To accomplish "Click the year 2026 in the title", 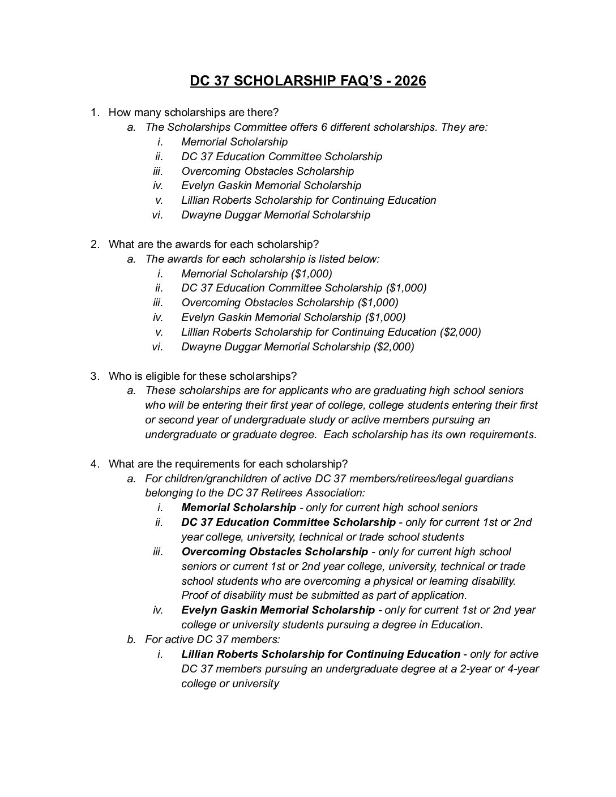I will (x=410, y=81).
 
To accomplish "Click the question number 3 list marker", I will (x=95, y=376).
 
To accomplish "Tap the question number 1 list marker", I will (x=95, y=112).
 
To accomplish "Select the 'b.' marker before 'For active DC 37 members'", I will (x=131, y=639).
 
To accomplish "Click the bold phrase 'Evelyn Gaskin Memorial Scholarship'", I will (x=278, y=610).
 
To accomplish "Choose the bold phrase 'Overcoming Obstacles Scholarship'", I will (x=275, y=551).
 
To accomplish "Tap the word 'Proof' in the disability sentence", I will (x=195, y=595).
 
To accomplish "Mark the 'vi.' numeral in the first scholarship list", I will (x=157, y=215).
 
